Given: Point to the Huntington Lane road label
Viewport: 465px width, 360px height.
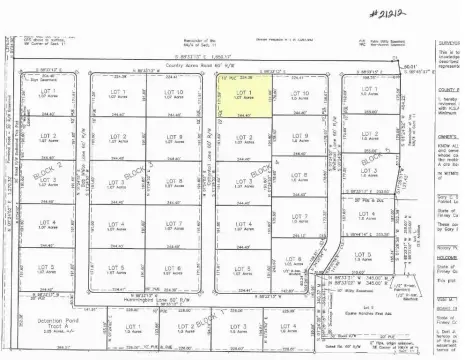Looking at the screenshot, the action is pyautogui.click(x=126, y=301).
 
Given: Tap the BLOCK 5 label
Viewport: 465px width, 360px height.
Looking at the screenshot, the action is pyautogui.click(x=371, y=158).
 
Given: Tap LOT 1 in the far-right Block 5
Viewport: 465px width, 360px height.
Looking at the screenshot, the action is pyautogui.click(x=368, y=90).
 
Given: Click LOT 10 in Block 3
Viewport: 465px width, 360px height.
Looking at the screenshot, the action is pyautogui.click(x=173, y=96).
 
